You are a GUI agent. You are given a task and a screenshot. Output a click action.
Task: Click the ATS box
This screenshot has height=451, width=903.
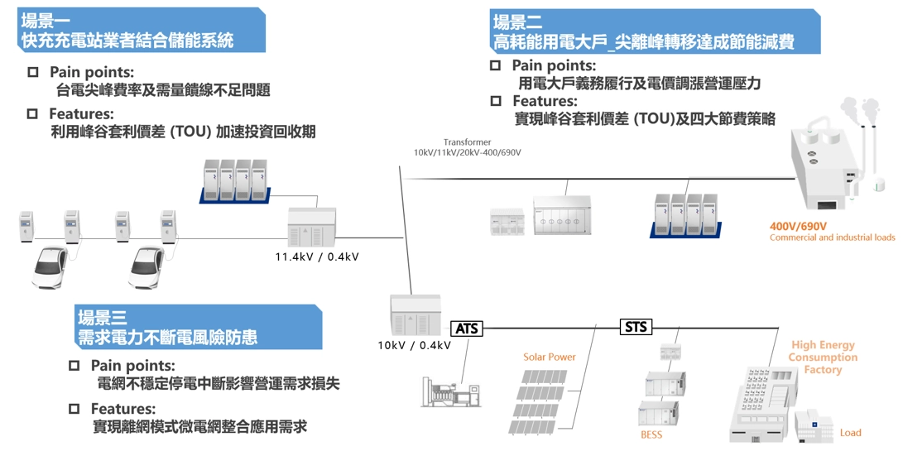pyautogui.click(x=467, y=329)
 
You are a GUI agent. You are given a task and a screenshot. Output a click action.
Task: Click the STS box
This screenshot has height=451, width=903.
pyautogui.click(x=635, y=328)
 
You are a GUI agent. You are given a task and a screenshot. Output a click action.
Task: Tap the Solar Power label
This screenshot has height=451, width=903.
pyautogui.click(x=549, y=357)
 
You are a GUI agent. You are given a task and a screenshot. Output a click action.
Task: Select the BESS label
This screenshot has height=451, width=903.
pyautogui.click(x=651, y=434)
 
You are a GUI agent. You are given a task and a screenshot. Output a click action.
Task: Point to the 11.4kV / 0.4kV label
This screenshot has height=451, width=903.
pyautogui.click(x=316, y=257)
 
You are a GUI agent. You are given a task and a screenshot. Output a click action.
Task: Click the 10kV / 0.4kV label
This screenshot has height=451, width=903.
pyautogui.click(x=414, y=345)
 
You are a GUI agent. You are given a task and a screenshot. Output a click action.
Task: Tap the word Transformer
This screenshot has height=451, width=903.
pyautogui.click(x=467, y=142)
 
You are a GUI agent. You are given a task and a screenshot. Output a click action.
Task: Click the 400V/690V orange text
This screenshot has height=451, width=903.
pyautogui.click(x=798, y=226)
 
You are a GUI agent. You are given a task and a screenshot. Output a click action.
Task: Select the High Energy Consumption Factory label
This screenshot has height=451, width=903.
pyautogui.click(x=823, y=357)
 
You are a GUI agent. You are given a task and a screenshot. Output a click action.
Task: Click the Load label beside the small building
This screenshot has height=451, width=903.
pyautogui.click(x=850, y=433)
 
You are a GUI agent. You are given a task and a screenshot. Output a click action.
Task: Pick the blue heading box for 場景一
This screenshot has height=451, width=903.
pyautogui.click(x=132, y=31)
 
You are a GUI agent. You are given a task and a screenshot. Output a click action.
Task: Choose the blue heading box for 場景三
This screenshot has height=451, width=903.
pyautogui.click(x=197, y=327)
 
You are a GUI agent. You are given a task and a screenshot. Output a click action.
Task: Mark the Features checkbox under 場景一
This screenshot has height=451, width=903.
pyautogui.click(x=33, y=113)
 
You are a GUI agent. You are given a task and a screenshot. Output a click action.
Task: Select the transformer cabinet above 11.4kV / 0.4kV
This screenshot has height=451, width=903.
pyautogui.click(x=311, y=226)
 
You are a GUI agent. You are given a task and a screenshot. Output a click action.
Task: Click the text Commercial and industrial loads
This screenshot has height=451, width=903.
pyautogui.click(x=832, y=237)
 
